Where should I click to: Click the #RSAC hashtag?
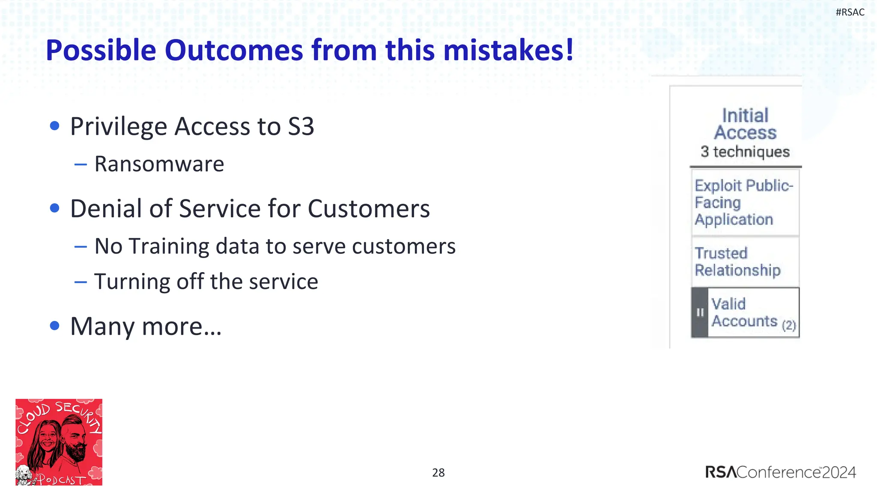[x=850, y=12]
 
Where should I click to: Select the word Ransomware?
[x=159, y=164]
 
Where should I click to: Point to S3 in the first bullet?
[x=301, y=127]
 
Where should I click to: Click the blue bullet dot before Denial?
[x=54, y=208]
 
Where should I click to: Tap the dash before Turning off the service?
[x=81, y=282]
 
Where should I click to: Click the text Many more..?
[x=146, y=327]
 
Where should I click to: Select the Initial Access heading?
[x=745, y=124]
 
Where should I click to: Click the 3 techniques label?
[x=745, y=151]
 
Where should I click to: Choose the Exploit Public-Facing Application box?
[x=745, y=202]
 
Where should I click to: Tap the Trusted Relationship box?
[x=745, y=261]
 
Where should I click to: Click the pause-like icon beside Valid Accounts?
[x=700, y=312]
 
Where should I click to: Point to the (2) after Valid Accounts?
[x=788, y=325]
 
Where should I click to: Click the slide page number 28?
[x=438, y=472]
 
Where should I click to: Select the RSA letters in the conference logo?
[x=721, y=472]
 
